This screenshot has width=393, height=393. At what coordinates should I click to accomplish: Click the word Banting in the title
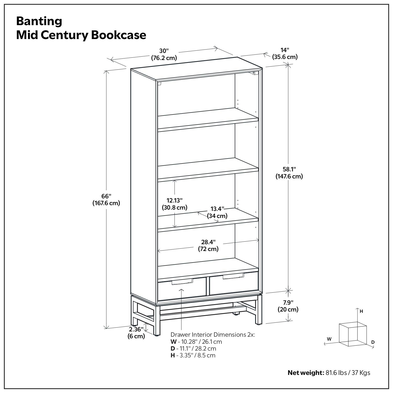point(39,21)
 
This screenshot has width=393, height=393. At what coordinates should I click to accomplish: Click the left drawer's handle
point(182,281)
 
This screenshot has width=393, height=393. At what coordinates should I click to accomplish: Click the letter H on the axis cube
point(361,311)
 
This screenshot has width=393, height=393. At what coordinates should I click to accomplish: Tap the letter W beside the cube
point(329,339)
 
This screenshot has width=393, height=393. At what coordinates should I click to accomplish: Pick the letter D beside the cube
point(373,342)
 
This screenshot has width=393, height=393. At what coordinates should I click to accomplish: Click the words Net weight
point(306,373)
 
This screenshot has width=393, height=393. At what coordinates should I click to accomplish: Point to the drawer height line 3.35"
point(193,355)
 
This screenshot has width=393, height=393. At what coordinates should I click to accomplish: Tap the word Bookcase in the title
point(119,35)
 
